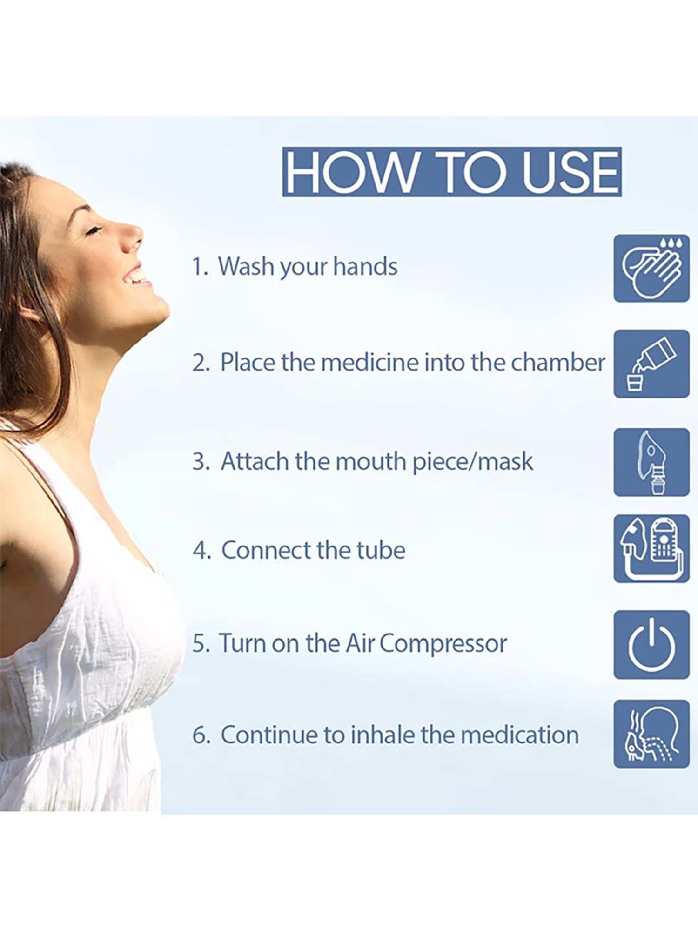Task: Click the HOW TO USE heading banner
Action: (452, 172)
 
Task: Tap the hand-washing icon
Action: (651, 269)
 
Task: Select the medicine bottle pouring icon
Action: (651, 364)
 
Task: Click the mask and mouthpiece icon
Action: (651, 462)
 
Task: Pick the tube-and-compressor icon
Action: (651, 549)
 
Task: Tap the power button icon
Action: (651, 645)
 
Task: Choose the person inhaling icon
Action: (651, 734)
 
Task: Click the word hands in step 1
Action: (365, 266)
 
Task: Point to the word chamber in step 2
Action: (558, 362)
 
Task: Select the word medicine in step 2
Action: (370, 362)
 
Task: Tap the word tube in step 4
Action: (381, 550)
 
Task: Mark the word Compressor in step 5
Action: (443, 644)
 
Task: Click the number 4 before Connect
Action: (202, 550)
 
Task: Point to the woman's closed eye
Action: (93, 230)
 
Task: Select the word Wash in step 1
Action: (246, 266)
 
